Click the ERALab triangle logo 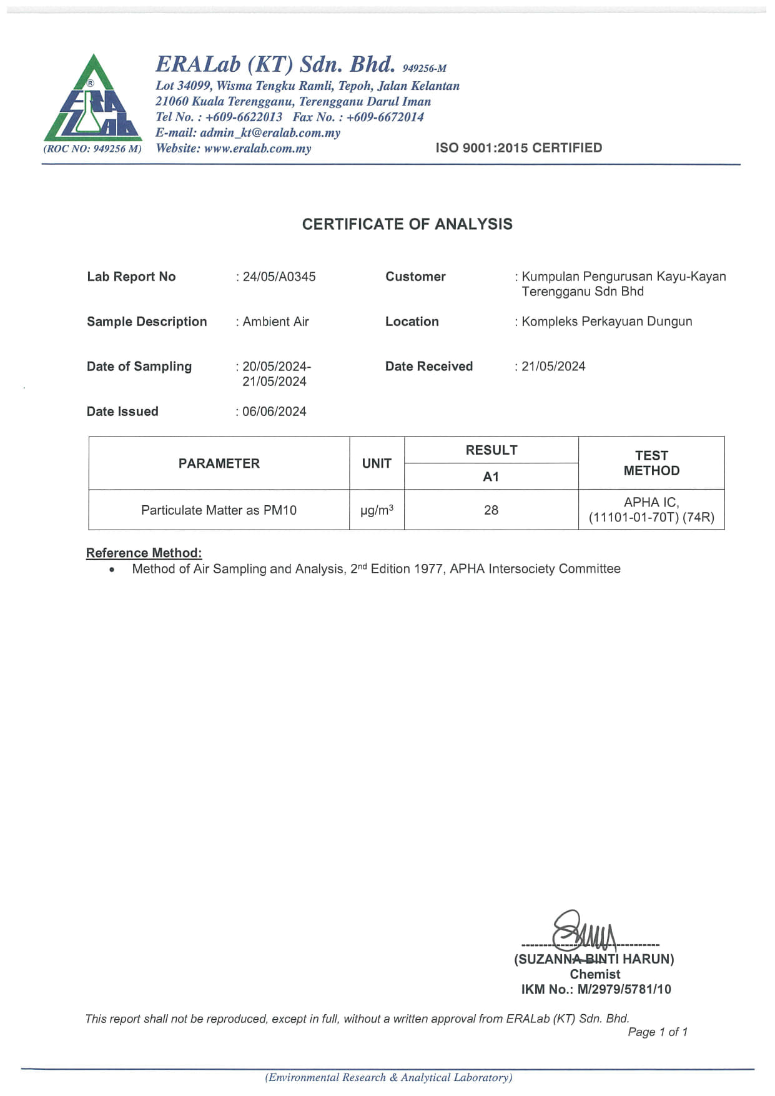point(92,100)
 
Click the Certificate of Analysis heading point(407,224)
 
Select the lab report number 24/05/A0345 point(279,277)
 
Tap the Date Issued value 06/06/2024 point(274,412)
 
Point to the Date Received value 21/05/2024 point(553,367)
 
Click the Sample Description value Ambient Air point(275,322)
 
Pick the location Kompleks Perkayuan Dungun point(606,322)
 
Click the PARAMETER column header point(219,463)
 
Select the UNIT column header point(377,463)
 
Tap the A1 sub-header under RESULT point(491,476)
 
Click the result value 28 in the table point(491,510)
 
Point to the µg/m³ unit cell point(377,510)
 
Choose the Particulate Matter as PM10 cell point(219,510)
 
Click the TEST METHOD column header point(651,463)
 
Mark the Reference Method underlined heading point(144,553)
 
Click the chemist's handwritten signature point(584,931)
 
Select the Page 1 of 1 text point(657,1032)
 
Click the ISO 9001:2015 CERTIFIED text point(518,148)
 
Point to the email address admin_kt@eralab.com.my point(270,132)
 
